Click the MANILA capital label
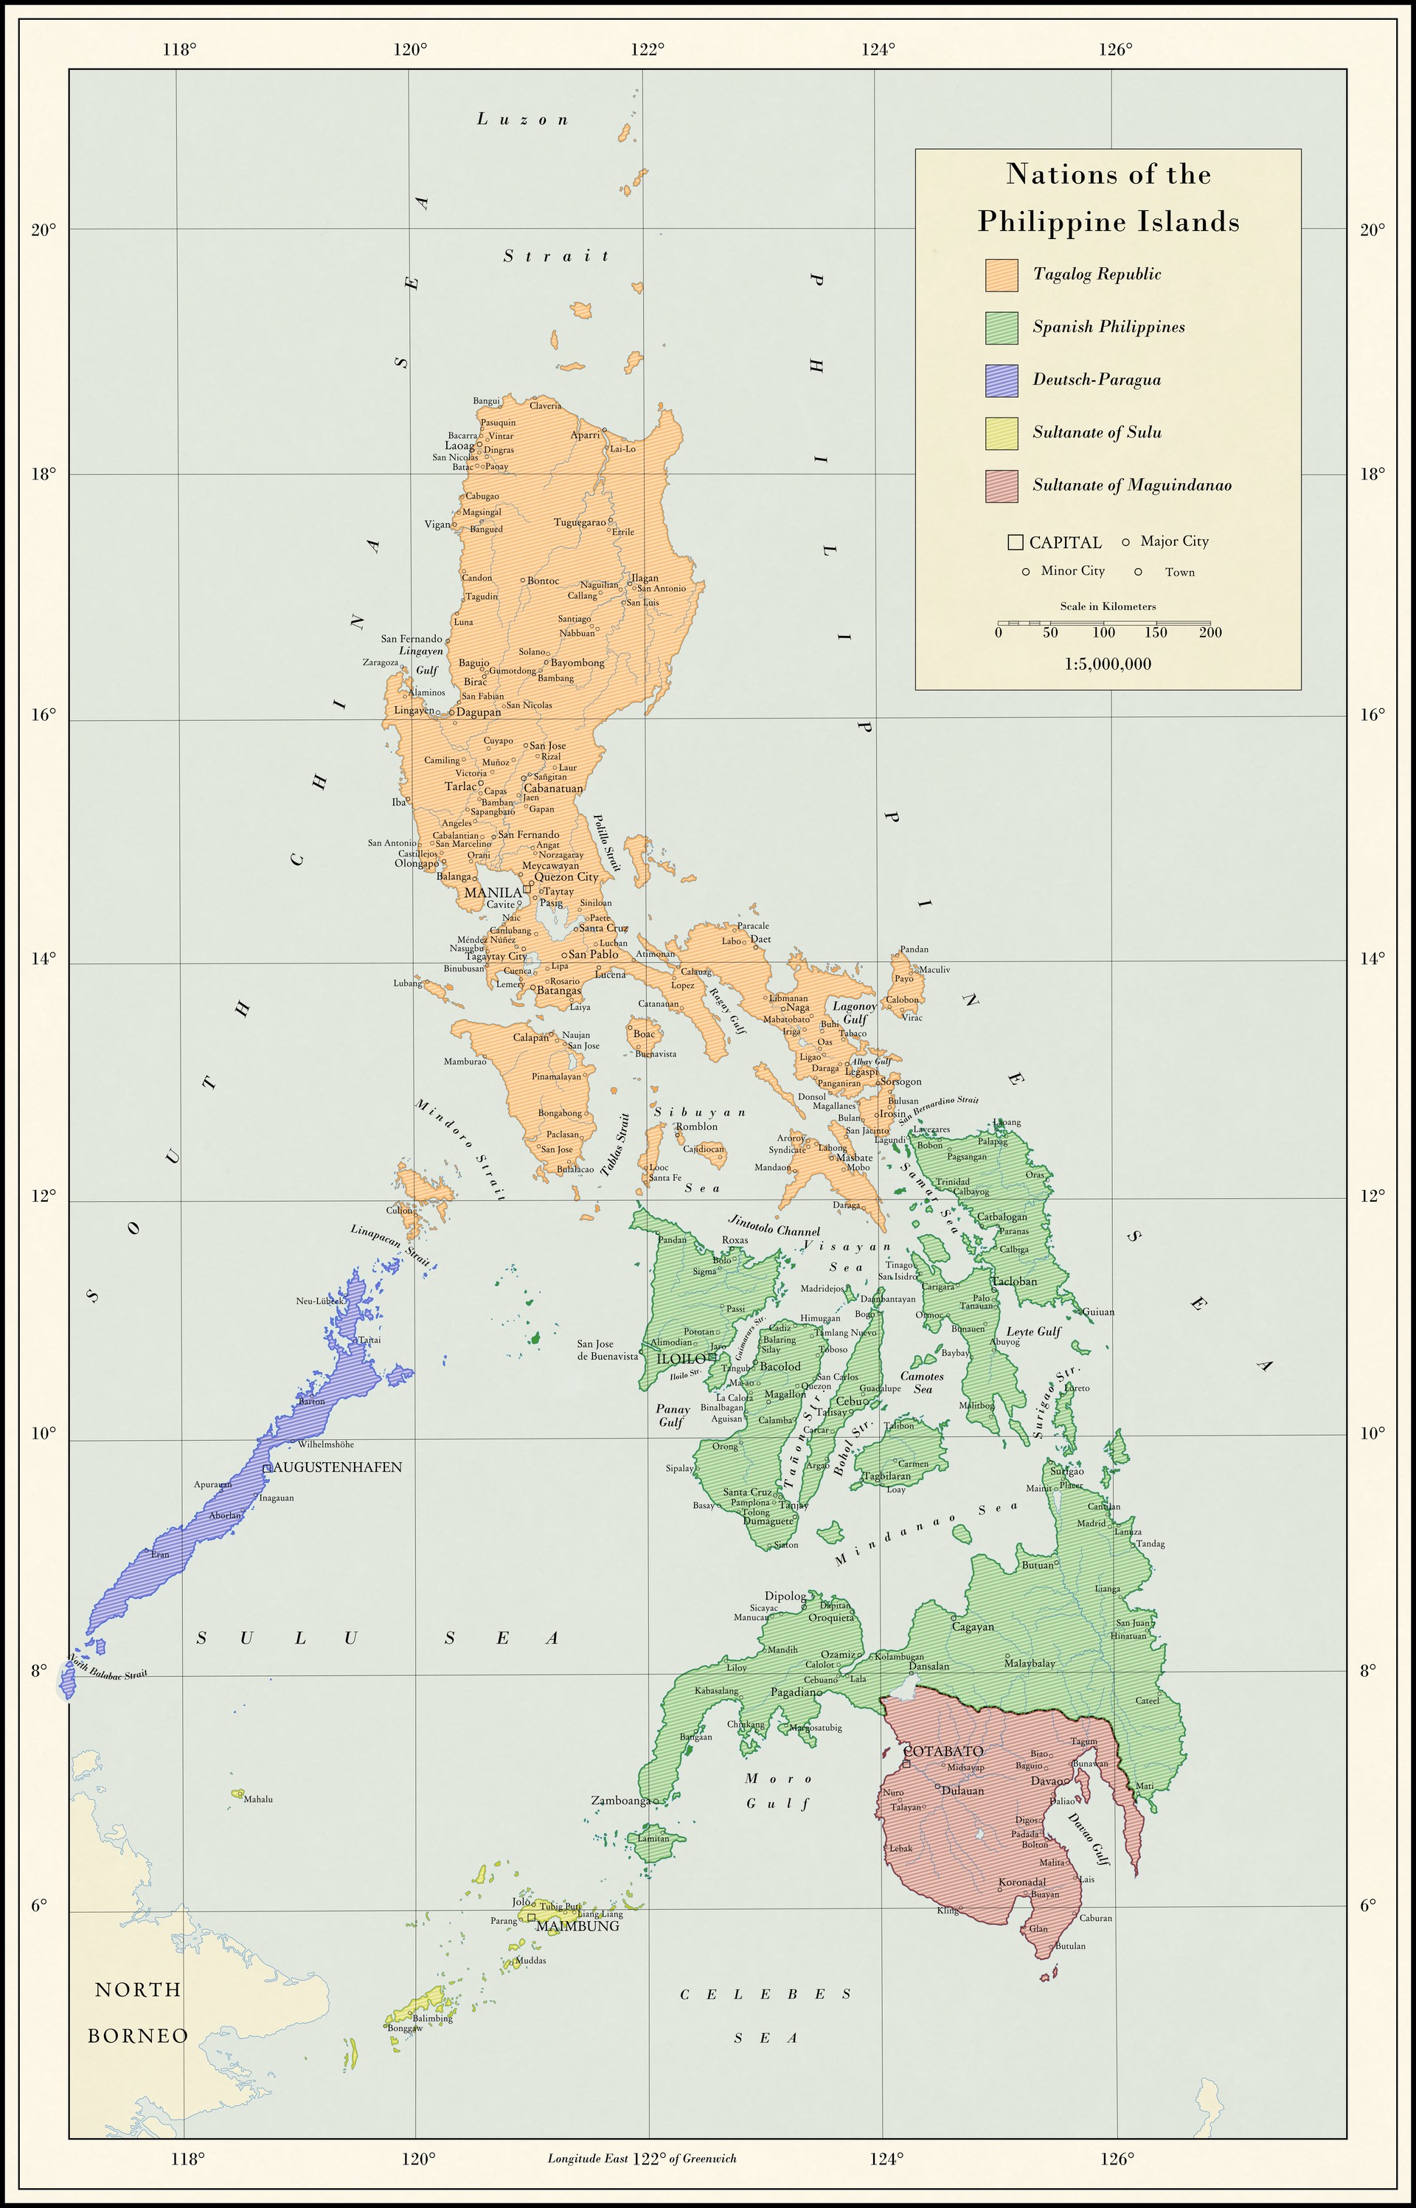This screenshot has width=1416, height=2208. point(493,892)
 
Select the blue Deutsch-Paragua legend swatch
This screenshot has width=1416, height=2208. point(1002,381)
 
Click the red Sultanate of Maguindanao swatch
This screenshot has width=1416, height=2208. point(1002,486)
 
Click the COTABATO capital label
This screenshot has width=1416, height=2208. point(943,1751)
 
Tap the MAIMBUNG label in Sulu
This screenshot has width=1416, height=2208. point(577,1925)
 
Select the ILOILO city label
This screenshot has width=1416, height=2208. point(681,1358)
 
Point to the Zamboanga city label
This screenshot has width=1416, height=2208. point(619,1801)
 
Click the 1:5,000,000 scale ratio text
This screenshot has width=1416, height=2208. point(1107,664)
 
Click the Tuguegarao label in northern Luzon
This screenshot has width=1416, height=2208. point(579,522)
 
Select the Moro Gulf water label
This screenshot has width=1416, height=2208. point(778,1790)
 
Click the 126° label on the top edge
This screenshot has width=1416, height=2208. point(1114,49)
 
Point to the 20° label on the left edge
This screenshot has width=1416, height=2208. point(44,229)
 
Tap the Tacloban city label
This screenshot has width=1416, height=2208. point(1014,1281)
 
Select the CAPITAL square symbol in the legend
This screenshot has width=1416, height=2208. point(1015,542)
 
